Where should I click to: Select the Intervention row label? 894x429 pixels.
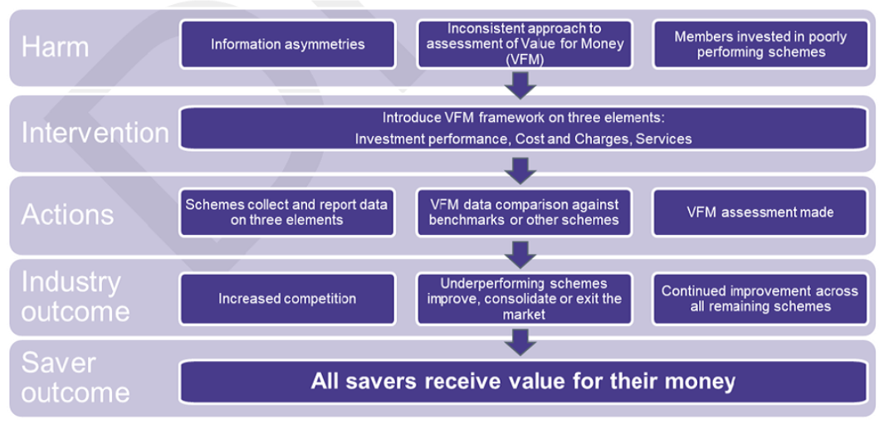(x=95, y=133)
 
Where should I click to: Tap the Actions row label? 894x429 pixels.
(x=67, y=214)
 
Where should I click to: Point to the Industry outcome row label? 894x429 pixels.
(x=75, y=296)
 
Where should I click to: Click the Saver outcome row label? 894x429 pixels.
(x=75, y=378)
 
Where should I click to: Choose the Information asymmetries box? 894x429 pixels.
(x=287, y=44)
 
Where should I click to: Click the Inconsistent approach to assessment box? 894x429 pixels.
(x=524, y=44)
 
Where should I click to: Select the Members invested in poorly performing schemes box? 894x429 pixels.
(x=760, y=44)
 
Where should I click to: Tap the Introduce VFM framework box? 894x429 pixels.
(x=523, y=129)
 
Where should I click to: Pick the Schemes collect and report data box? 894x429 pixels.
(x=287, y=212)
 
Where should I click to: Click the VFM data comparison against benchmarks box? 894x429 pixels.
(x=524, y=212)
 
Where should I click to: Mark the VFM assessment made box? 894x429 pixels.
(x=760, y=212)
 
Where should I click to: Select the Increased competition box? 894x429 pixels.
(x=287, y=299)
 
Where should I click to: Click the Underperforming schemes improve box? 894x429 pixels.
(x=524, y=299)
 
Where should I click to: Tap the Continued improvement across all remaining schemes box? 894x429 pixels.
(x=760, y=299)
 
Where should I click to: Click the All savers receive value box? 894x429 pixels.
(x=523, y=382)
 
